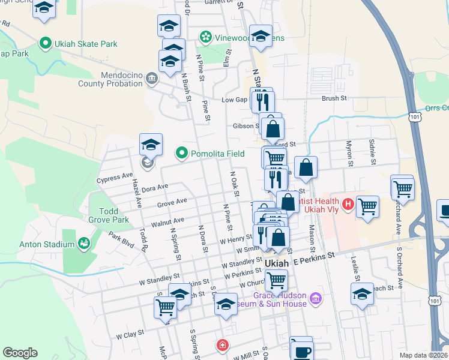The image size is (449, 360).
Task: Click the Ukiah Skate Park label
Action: pos(86,44)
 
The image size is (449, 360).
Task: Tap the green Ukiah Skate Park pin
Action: pos(44,43)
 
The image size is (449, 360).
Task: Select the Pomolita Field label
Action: pos(217,154)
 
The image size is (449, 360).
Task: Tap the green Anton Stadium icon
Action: pos(83,244)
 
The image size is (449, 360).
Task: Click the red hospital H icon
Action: pos(347,206)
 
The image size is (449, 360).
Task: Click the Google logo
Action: pos(20,353)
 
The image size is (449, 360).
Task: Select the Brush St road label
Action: pos(334,98)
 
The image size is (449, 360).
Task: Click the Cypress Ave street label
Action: pos(114,179)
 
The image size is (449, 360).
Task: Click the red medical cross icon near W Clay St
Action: pos(222,345)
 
